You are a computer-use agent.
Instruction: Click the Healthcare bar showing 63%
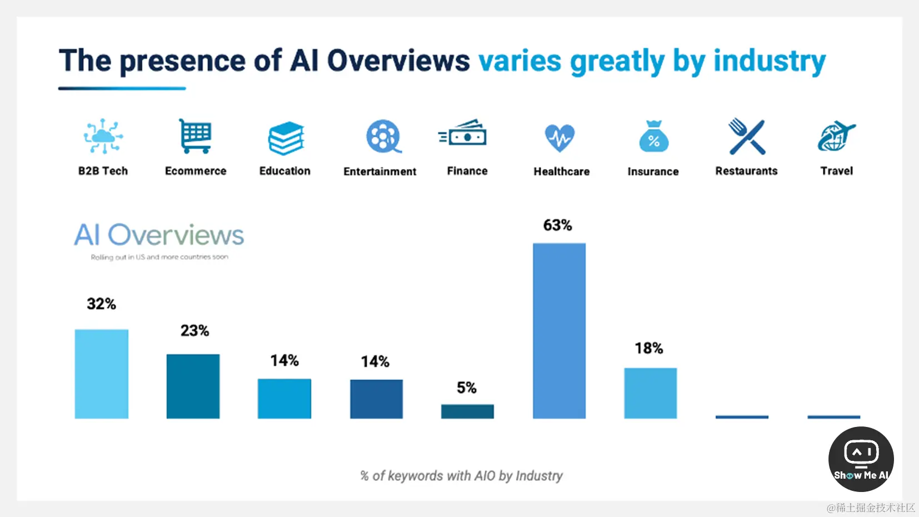[x=559, y=331]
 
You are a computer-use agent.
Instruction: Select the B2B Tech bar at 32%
[x=102, y=374]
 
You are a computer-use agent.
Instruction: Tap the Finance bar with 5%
[x=467, y=411]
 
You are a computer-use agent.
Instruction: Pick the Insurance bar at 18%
[x=650, y=393]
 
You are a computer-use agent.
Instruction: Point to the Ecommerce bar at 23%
[x=193, y=386]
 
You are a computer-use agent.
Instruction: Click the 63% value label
[x=557, y=225]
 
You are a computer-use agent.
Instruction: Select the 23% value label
[x=194, y=331]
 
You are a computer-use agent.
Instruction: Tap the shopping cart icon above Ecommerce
[x=195, y=136]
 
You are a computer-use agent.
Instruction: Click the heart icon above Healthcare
[x=560, y=137]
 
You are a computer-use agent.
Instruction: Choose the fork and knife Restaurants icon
[x=746, y=136]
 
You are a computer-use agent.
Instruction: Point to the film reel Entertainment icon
[x=383, y=136]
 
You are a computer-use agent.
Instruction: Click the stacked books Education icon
[x=286, y=138]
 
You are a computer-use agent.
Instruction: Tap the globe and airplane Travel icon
[x=836, y=136]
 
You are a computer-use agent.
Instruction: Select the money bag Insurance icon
[x=653, y=137]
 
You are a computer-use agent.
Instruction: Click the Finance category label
[x=467, y=171]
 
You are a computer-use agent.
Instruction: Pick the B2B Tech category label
[x=103, y=171]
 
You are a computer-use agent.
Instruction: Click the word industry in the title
[x=770, y=61]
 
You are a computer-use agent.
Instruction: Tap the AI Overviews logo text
[x=159, y=235]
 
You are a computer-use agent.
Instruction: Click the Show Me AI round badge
[x=861, y=459]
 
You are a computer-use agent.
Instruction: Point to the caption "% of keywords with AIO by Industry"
[x=461, y=476]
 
